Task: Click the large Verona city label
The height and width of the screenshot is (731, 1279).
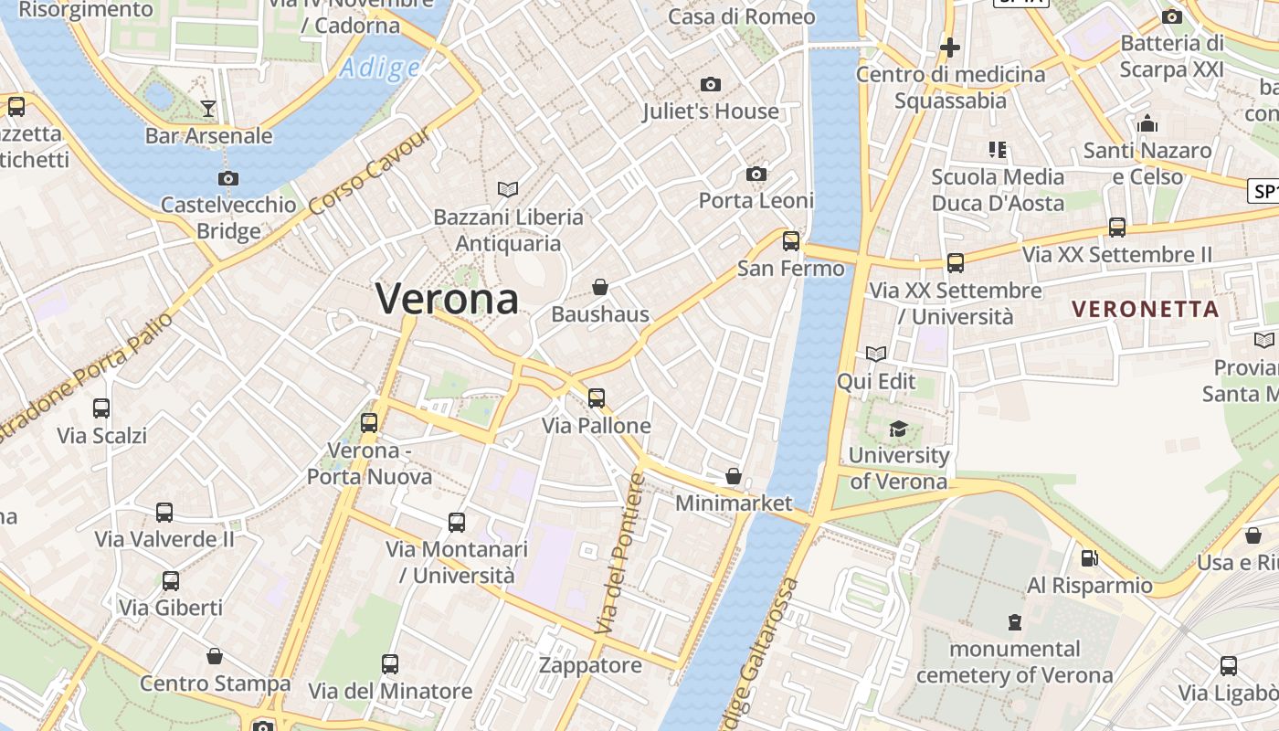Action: [x=447, y=299]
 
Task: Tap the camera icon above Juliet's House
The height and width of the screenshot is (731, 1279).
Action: [x=711, y=85]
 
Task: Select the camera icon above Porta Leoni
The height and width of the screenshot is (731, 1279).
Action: [x=756, y=174]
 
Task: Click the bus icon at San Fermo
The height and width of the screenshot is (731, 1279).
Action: [x=791, y=241]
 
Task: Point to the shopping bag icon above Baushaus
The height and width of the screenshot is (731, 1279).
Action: [x=600, y=288]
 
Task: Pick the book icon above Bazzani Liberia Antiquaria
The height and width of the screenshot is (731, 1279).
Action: [x=508, y=189]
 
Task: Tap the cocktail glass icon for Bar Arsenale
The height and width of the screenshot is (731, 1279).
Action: [x=208, y=109]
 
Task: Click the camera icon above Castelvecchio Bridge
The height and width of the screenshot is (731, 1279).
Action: [x=228, y=178]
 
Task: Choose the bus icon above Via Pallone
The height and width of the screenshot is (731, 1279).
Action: [x=597, y=397]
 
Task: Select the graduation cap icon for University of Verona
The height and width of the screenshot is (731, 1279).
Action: [x=899, y=429]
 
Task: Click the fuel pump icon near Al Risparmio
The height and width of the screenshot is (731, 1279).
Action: [x=1089, y=557]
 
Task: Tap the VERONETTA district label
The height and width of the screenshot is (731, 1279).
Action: [x=1146, y=309]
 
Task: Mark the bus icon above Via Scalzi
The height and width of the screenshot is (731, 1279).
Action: [x=101, y=408]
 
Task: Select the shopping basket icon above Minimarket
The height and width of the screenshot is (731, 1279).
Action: [x=733, y=476]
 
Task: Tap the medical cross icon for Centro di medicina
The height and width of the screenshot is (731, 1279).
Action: [x=950, y=47]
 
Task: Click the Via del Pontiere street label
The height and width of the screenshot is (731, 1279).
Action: [x=620, y=555]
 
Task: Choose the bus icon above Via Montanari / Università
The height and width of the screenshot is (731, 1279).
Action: [x=457, y=523]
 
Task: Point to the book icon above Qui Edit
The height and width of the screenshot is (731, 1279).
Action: [x=876, y=354]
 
